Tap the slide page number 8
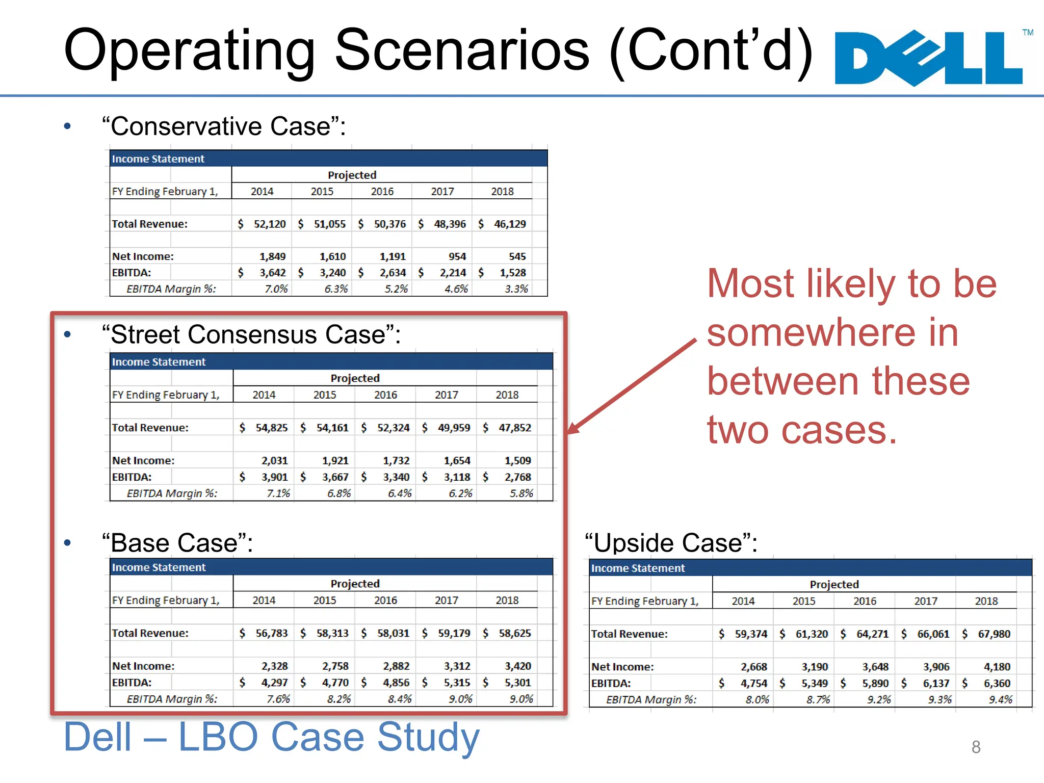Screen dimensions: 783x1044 [x=976, y=747]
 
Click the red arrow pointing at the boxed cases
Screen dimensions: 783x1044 [x=632, y=386]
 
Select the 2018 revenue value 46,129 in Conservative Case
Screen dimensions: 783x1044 [x=509, y=224]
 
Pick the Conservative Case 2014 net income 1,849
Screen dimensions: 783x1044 [x=272, y=256]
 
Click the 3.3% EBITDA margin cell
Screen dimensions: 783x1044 [x=516, y=289]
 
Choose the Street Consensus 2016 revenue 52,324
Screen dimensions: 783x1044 [x=393, y=428]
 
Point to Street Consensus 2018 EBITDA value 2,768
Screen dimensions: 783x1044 [x=517, y=477]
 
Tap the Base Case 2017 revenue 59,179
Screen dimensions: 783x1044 [x=454, y=633]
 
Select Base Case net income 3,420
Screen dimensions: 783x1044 [x=517, y=666]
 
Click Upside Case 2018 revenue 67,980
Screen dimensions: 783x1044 [x=994, y=634]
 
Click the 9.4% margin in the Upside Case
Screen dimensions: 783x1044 [x=1000, y=700]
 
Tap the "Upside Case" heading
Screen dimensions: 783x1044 [x=671, y=542]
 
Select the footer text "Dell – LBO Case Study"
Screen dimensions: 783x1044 [x=271, y=737]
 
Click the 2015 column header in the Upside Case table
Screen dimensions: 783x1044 [x=804, y=601]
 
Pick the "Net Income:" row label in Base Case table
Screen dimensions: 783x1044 [x=143, y=666]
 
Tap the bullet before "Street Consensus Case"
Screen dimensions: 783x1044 [x=67, y=335]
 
